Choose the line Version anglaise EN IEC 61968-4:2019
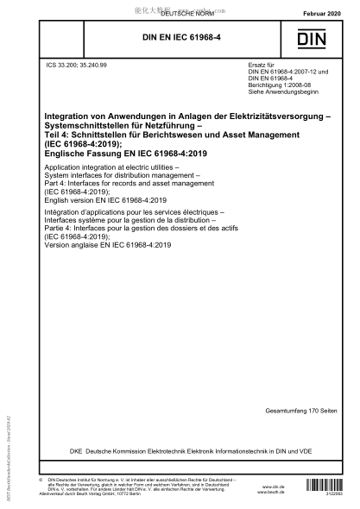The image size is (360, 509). tap(111, 244)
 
